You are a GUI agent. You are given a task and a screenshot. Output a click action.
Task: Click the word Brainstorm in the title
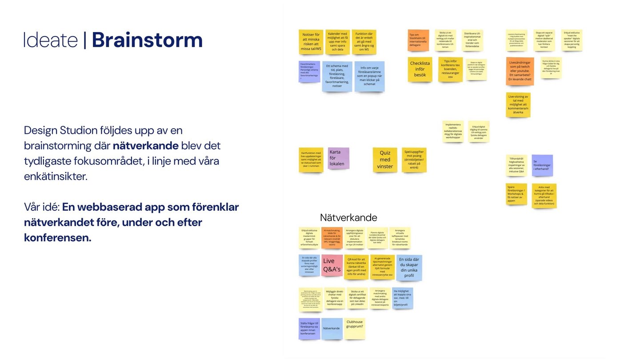pyautogui.click(x=147, y=40)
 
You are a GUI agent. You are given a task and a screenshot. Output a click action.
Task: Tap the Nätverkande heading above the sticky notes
pyautogui.click(x=348, y=218)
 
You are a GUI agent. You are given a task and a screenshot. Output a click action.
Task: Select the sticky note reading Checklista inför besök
pyautogui.click(x=420, y=69)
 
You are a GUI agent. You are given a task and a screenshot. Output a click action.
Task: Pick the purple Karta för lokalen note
pyautogui.click(x=338, y=158)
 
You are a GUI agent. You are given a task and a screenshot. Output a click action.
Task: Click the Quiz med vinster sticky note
pyautogui.click(x=385, y=160)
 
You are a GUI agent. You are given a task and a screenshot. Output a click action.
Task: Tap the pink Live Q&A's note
pyautogui.click(x=332, y=265)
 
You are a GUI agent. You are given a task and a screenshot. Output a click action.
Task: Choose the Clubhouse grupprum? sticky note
pyautogui.click(x=354, y=328)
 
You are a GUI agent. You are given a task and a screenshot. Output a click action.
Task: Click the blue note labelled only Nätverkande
pyautogui.click(x=332, y=328)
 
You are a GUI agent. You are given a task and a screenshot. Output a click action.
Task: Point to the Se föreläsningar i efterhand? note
pyautogui.click(x=542, y=165)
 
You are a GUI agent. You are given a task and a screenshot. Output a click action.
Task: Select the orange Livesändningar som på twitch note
pyautogui.click(x=520, y=71)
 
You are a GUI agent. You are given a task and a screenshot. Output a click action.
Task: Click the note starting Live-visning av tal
pyautogui.click(x=518, y=105)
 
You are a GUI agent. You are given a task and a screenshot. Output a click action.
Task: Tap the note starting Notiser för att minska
pyautogui.click(x=311, y=42)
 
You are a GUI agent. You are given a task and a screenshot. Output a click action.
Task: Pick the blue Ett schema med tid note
pyautogui.click(x=337, y=76)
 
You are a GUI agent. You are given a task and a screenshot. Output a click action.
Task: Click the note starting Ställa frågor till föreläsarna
pyautogui.click(x=309, y=328)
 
